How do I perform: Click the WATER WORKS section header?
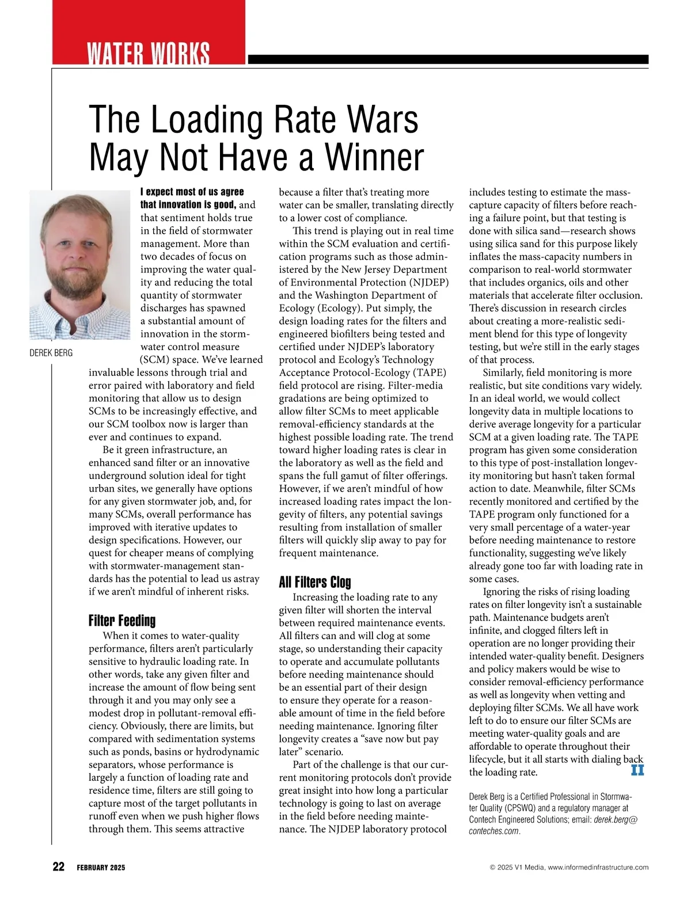[148, 54]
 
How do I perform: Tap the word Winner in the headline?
[374, 157]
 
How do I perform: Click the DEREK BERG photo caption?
[51, 352]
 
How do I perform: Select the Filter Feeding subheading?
[122, 621]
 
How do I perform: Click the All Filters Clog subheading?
[314, 582]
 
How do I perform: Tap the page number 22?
[58, 867]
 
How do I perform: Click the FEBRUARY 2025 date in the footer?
[101, 868]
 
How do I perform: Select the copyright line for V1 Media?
[569, 868]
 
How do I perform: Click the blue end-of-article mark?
[637, 770]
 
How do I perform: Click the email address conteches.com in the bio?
[494, 831]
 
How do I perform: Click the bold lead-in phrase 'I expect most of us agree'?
[192, 192]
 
